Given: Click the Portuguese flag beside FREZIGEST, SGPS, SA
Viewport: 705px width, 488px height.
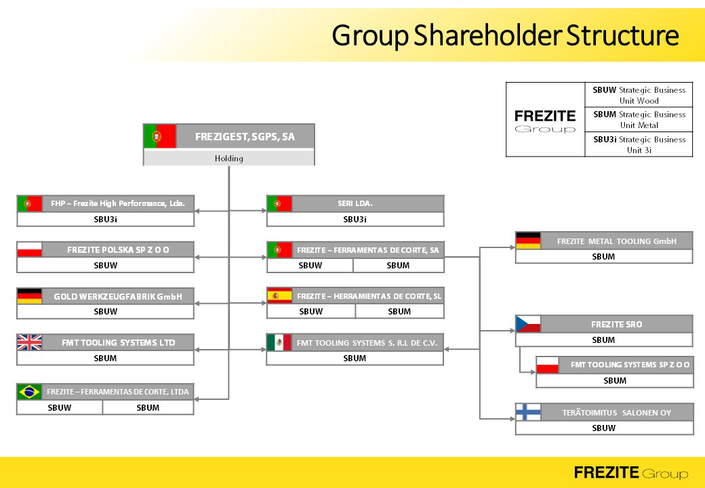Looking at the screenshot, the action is click(x=159, y=136).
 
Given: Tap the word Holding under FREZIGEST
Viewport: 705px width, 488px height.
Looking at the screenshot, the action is click(x=229, y=158).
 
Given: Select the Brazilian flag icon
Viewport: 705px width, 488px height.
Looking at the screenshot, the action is click(x=30, y=391).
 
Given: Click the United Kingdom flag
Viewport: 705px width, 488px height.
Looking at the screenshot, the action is click(x=29, y=342).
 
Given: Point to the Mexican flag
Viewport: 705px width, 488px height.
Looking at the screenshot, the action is click(x=279, y=342).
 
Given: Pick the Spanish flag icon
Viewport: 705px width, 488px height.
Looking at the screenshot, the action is click(x=279, y=296).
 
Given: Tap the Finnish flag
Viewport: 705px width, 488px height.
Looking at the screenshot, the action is click(x=528, y=412).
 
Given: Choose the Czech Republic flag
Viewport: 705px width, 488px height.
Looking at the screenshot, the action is click(x=528, y=324).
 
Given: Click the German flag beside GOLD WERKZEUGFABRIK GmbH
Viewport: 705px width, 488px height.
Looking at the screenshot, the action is click(x=29, y=296).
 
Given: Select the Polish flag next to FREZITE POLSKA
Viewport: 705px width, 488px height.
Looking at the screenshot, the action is click(x=29, y=249).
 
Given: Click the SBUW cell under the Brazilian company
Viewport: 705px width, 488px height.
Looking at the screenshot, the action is click(x=60, y=407).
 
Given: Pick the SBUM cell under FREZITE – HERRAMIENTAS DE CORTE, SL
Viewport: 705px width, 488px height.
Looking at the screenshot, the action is click(x=399, y=311).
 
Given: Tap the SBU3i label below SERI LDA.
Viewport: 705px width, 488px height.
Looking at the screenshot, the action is click(x=355, y=220).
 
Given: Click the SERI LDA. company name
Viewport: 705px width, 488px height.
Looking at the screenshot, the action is click(x=355, y=203).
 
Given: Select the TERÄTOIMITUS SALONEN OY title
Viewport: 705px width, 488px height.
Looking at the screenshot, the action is click(x=616, y=413).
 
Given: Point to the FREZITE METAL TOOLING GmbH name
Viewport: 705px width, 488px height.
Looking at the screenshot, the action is click(x=616, y=241).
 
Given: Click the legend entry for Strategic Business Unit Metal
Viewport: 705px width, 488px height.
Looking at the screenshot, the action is click(x=639, y=119).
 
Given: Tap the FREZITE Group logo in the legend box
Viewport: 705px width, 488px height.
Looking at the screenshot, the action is click(x=545, y=121).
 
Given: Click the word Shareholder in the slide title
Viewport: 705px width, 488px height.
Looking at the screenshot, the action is click(x=487, y=35).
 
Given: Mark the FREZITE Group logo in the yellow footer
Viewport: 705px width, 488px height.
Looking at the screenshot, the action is click(x=631, y=472).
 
